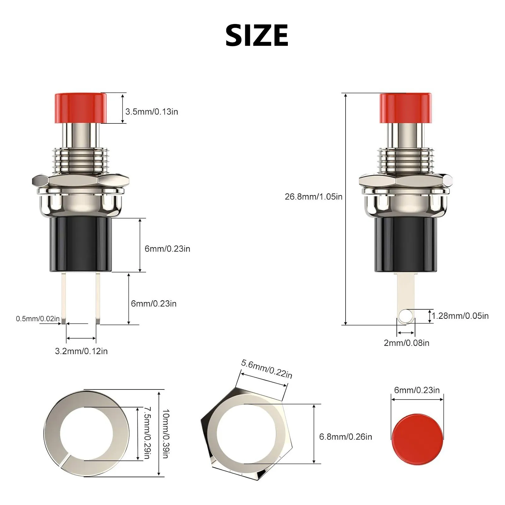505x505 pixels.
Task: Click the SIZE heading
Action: [x=257, y=35]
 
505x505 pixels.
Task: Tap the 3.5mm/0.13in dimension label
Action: [x=151, y=112]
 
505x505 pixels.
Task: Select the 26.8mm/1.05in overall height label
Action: [x=313, y=197]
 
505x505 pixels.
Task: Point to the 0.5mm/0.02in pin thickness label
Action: [x=38, y=319]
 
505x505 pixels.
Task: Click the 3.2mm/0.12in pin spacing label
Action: [x=81, y=351]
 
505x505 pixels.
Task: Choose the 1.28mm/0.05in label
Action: [x=460, y=316]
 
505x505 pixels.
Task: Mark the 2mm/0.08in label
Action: [x=407, y=343]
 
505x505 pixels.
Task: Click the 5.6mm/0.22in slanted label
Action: [x=267, y=369]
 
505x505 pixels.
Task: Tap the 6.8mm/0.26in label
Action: [x=346, y=437]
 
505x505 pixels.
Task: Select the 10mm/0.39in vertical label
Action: [x=165, y=434]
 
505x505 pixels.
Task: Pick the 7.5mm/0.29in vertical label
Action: [x=147, y=433]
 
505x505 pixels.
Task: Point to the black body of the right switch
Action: [x=406, y=245]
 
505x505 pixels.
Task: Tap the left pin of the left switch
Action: [x=63, y=298]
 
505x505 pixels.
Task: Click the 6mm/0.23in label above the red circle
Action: [x=417, y=390]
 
